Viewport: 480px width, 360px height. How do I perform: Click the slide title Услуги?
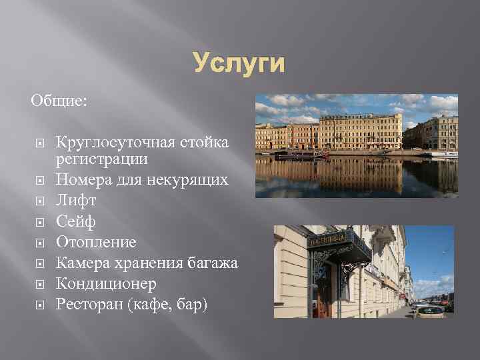pyautogui.click(x=239, y=64)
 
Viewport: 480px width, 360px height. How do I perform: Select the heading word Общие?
pyautogui.click(x=59, y=100)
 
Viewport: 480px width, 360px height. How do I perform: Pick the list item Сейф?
pyautogui.click(x=76, y=221)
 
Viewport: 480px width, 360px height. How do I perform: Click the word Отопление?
pyautogui.click(x=96, y=242)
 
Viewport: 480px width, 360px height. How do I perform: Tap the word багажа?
pyautogui.click(x=210, y=263)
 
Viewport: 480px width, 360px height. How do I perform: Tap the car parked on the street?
pyautogui.click(x=428, y=311)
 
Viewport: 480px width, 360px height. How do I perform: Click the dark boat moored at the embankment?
pyautogui.click(x=304, y=154)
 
